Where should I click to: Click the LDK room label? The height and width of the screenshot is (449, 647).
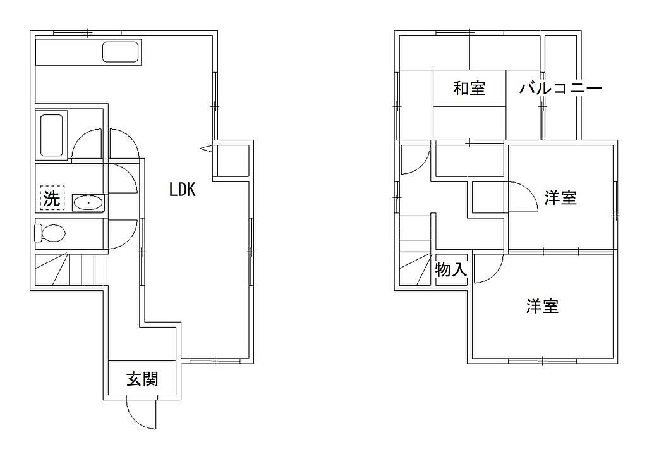tap(182, 190)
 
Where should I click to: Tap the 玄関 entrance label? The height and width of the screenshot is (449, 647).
tap(142, 379)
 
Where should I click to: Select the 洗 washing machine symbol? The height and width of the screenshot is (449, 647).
tap(52, 198)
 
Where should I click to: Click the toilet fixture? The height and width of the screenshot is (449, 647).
tap(50, 233)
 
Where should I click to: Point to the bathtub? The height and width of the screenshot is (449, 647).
tap(52, 135)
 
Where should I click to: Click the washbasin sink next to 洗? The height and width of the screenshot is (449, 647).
tap(88, 203)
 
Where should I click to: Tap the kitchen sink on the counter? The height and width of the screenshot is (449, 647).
tap(120, 52)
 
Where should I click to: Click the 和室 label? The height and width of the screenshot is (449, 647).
tap(469, 88)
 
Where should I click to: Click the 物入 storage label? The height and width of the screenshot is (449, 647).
tap(451, 270)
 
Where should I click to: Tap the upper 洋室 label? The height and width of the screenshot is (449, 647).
tap(560, 197)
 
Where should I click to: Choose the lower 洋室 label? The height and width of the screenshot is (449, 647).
tap(543, 306)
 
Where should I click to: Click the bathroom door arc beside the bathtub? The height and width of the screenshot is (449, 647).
tap(80, 137)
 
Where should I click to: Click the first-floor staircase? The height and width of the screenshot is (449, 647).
tap(71, 270)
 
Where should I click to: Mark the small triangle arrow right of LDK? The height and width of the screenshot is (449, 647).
tap(207, 148)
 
